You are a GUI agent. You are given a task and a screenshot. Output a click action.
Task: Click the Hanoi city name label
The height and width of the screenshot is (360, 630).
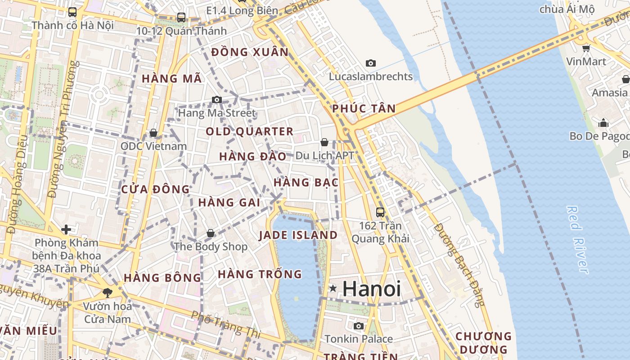tap(372, 288)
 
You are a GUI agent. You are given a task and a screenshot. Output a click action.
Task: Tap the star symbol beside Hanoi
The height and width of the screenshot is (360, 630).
tap(333, 288)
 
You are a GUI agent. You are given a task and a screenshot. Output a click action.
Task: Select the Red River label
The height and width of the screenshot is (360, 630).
tap(577, 239)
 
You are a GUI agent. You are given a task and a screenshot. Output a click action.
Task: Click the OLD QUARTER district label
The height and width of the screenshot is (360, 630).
tap(250, 131)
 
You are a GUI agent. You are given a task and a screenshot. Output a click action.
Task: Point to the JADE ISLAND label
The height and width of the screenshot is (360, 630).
tap(298, 235)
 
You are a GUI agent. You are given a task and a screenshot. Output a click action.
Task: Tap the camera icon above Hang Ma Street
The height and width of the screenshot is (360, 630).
tap(217, 99)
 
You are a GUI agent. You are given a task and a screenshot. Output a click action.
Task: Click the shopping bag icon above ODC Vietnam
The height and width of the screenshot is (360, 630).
tap(153, 133)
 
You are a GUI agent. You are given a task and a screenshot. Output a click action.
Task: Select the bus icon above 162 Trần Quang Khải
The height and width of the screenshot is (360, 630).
tap(380, 212)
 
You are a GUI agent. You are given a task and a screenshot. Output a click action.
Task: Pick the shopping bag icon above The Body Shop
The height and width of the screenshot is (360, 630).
tap(210, 233)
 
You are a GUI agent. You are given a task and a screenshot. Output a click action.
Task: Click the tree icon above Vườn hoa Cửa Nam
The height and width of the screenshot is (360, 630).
tap(108, 293)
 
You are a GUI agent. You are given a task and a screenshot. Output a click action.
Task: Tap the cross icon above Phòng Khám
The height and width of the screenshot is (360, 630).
tap(66, 229)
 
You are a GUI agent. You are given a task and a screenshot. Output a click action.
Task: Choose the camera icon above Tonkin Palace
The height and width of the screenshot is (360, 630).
tap(359, 326)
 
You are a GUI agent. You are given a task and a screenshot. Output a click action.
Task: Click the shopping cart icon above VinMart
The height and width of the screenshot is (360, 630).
tap(586, 48)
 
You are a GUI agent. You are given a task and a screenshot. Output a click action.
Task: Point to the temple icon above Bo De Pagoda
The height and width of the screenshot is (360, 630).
tap(603, 123)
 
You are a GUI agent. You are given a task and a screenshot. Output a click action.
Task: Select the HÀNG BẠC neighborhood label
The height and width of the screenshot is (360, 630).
tap(306, 182)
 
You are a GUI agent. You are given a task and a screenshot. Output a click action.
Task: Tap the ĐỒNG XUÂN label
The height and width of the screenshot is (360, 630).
tap(250, 52)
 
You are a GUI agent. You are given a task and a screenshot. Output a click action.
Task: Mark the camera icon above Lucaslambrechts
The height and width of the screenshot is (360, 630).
tap(371, 63)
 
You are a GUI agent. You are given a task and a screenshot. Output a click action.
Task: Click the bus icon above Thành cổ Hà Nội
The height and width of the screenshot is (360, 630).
tap(72, 12)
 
